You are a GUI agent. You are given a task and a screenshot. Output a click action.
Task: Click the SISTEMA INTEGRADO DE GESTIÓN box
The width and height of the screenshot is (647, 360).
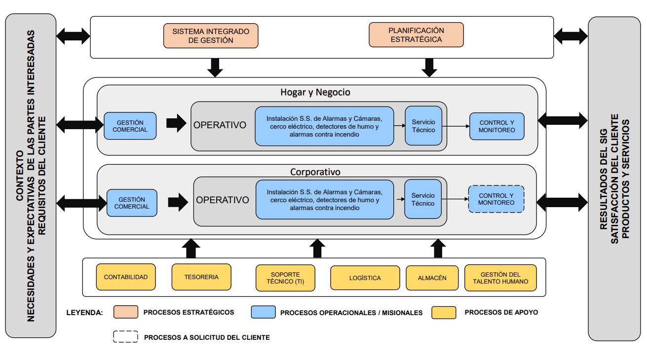(211, 36)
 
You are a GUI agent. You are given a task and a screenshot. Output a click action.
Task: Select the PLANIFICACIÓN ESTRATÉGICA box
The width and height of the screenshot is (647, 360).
(416, 35)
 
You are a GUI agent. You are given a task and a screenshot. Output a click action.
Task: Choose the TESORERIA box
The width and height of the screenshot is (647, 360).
(201, 277)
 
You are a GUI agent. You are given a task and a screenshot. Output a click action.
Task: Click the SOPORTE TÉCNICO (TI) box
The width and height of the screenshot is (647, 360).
(285, 278)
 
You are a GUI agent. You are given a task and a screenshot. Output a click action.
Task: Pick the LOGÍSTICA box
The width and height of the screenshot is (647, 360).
(365, 278)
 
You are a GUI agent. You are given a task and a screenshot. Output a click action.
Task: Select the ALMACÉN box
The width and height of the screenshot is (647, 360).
(432, 278)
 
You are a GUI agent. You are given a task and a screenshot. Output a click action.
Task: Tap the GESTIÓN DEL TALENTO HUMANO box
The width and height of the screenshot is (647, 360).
(500, 278)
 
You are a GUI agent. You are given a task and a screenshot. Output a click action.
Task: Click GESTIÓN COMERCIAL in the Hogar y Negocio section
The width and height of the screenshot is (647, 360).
(130, 126)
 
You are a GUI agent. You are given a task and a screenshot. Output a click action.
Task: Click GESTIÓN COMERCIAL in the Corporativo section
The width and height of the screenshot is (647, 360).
(132, 203)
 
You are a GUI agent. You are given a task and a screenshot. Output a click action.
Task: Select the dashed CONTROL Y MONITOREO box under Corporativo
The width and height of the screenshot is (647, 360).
(496, 199)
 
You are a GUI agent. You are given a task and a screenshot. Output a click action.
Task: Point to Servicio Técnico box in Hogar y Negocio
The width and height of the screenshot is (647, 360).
(423, 126)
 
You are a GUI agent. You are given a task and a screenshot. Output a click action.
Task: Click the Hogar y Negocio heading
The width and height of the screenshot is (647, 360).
(315, 92)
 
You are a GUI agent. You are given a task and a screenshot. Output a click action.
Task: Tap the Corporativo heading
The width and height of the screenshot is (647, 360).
(315, 172)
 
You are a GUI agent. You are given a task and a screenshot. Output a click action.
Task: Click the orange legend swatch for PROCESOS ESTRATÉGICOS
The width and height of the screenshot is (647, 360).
(125, 312)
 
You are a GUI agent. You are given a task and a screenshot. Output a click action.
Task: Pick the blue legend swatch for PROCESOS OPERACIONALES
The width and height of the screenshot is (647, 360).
(263, 312)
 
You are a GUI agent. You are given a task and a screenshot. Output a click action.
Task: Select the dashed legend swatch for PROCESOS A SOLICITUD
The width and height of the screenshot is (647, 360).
(125, 337)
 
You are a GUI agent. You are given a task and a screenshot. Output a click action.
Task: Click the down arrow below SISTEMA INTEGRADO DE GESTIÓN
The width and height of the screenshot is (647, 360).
(215, 67)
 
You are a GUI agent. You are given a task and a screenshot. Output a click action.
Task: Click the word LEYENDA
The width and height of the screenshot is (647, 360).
(85, 313)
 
